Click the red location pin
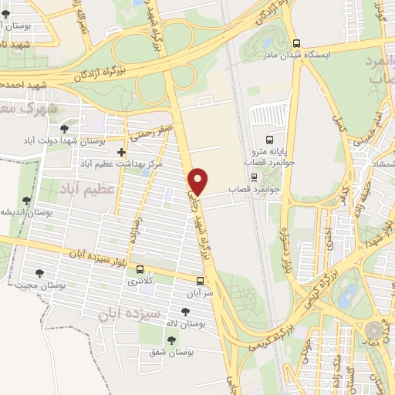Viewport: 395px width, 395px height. click(x=199, y=181)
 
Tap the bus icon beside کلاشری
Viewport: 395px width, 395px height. click(x=140, y=270)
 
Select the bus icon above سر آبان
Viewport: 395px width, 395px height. click(x=200, y=282)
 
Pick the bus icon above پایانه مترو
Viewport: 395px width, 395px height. click(x=269, y=140)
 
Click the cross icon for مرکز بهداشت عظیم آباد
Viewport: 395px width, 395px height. click(x=121, y=153)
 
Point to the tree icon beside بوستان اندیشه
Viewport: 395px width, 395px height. click(x=27, y=201)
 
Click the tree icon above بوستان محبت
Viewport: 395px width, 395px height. click(x=39, y=273)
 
